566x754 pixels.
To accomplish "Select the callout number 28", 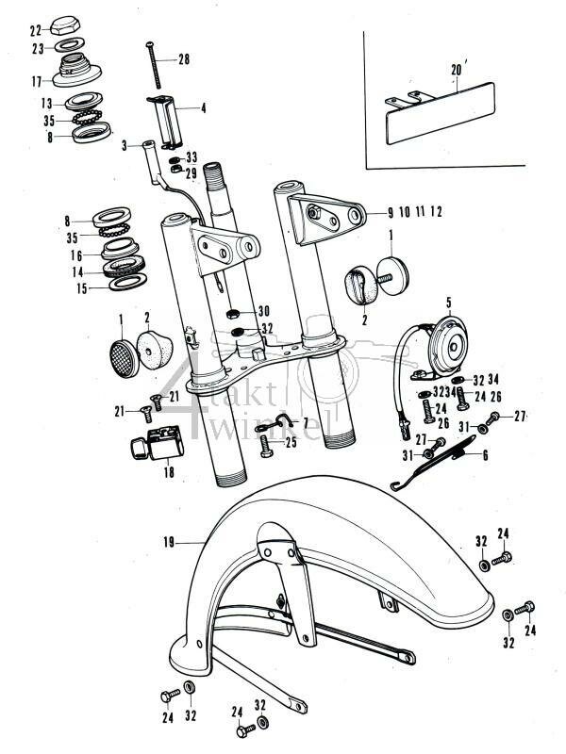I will click(183, 59).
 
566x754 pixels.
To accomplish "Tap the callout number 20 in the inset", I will click(457, 70).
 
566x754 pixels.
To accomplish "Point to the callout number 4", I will click(202, 107).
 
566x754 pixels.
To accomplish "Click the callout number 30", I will click(263, 311).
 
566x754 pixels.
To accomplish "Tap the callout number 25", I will click(291, 441).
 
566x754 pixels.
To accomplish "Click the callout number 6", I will click(485, 455).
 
